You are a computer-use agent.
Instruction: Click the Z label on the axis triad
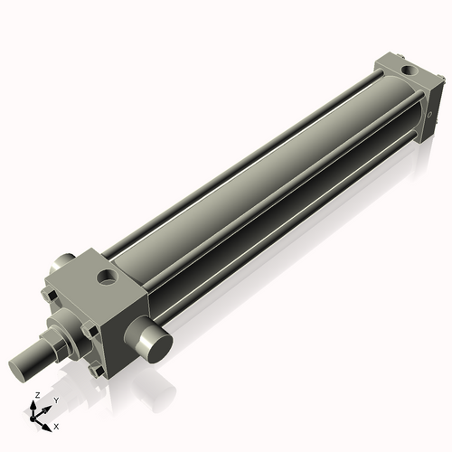[x=35, y=396]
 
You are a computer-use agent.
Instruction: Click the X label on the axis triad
[x=56, y=425]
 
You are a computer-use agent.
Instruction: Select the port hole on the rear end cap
[x=407, y=69]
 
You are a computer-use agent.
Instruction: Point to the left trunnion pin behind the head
[x=63, y=263]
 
